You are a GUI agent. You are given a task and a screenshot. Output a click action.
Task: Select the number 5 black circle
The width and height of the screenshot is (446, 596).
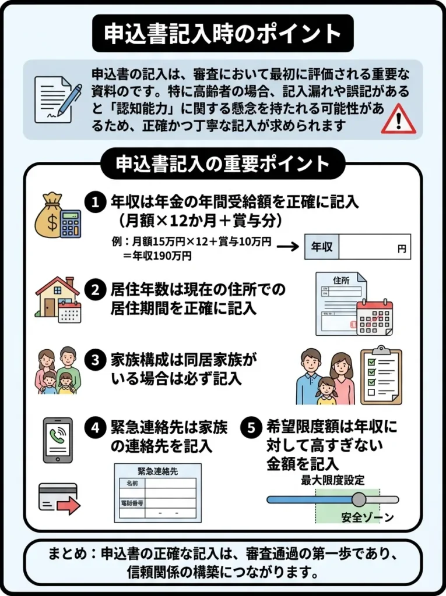251,428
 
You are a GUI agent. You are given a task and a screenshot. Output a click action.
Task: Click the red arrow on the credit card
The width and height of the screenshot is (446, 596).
68,506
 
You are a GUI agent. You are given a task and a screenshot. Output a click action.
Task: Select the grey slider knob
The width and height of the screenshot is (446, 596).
359,499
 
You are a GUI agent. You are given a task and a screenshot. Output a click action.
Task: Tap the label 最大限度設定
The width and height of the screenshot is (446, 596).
333,481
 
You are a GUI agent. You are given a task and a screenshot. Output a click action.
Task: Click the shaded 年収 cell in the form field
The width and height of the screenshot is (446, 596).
322,247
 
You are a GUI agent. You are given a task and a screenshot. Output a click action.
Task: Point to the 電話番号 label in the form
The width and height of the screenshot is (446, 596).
132,502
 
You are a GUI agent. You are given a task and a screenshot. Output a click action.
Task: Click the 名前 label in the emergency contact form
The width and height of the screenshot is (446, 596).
128,483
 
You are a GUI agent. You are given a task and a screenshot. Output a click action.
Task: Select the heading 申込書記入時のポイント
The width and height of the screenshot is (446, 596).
223,33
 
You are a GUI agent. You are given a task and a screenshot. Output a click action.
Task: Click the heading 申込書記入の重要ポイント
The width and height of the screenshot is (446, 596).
223,164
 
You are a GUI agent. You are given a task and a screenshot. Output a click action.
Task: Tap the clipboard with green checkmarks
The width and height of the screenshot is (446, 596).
381,376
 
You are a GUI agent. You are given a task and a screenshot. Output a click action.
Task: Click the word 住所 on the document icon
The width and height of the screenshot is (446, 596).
340,281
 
